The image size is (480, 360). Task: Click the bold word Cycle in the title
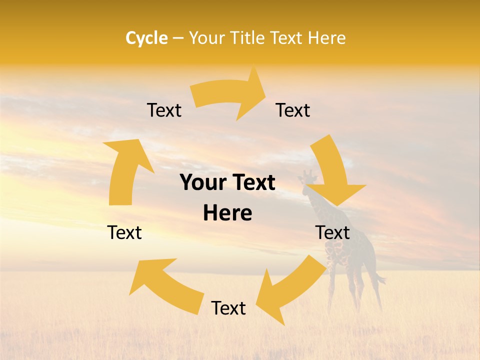(146, 38)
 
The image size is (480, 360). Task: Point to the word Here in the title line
(327, 38)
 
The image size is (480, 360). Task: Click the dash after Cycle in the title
(178, 38)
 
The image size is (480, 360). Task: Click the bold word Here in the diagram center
(227, 213)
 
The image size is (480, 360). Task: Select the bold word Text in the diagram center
(252, 183)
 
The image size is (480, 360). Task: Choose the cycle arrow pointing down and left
(290, 290)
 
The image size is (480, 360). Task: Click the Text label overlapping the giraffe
(332, 232)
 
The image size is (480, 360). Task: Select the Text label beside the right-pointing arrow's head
(293, 110)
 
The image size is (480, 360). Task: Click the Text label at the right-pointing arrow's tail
(164, 110)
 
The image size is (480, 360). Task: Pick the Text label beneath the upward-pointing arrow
(124, 232)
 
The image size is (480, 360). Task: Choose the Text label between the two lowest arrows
(228, 308)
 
